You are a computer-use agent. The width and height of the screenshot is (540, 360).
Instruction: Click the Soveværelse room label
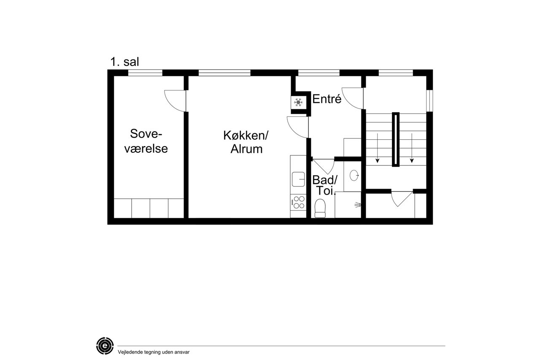[146, 141]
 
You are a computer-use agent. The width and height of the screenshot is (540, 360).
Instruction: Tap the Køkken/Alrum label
[246, 142]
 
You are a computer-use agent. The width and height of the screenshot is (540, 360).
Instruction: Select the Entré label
[327, 99]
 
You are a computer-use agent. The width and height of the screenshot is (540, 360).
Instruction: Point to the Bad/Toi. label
[325, 185]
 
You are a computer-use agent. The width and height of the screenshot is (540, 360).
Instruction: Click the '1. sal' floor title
[124, 62]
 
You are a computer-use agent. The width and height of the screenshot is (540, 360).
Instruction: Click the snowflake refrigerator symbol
[298, 103]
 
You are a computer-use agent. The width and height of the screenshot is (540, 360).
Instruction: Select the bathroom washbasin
[354, 175]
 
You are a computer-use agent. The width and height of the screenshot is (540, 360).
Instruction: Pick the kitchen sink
[298, 179]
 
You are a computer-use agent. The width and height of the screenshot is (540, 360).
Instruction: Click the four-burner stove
[298, 202]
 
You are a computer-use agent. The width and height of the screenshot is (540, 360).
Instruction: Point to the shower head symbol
[358, 205]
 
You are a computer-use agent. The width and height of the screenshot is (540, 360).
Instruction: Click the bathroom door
[324, 166]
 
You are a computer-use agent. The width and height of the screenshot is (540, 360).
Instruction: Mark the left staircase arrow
[378, 148]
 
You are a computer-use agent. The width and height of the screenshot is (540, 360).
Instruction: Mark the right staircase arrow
[412, 148]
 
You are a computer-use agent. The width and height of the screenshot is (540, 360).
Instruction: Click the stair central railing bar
[396, 139]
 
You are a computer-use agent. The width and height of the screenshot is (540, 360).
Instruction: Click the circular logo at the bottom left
[105, 346]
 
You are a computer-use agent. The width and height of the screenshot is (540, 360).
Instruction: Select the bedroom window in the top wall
[145, 73]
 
